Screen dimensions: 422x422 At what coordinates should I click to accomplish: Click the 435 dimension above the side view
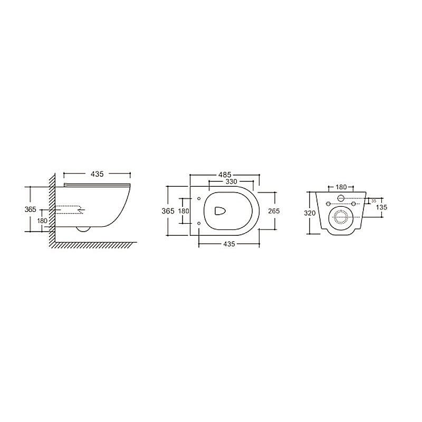[97, 174]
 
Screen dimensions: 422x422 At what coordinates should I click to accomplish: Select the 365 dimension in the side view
[31, 209]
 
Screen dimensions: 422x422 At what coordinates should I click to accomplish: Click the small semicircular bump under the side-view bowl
[83, 228]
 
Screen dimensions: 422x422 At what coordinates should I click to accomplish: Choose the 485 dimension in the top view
[225, 174]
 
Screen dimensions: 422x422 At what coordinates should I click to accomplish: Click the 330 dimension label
[231, 181]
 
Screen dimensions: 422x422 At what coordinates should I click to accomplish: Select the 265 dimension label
[273, 210]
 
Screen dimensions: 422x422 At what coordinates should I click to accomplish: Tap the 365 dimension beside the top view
[168, 210]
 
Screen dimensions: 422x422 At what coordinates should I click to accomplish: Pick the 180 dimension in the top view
[183, 210]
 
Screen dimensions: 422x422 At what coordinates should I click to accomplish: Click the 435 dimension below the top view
[228, 244]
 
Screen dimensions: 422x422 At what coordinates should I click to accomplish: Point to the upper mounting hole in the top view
[198, 198]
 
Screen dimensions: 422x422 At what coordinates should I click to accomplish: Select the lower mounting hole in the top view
[198, 223]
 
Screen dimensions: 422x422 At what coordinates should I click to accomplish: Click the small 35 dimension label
[373, 201]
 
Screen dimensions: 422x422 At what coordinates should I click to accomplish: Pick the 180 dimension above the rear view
[341, 187]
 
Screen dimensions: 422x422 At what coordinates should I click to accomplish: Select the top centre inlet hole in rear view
[341, 198]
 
